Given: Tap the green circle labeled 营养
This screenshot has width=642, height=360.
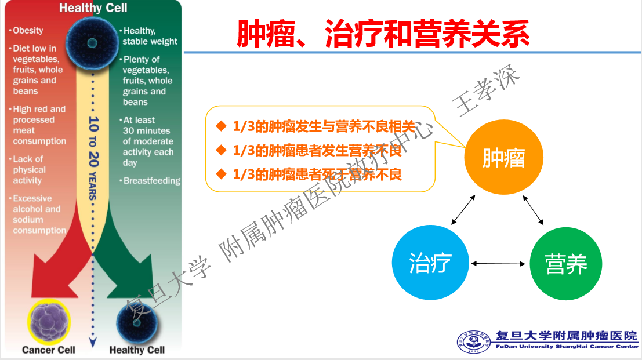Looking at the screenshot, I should pos(567,264).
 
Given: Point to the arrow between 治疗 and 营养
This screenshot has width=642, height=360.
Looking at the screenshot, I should pos(498,264).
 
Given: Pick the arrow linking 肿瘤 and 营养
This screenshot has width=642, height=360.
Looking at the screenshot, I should pos(533,210).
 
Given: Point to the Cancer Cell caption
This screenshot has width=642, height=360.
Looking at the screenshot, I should pos(49,350).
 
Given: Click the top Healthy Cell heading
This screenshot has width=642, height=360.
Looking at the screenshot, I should pos(93,8).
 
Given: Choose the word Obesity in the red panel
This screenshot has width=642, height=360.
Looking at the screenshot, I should pos(28,31).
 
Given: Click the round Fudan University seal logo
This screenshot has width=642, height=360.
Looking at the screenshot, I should pos(472,343).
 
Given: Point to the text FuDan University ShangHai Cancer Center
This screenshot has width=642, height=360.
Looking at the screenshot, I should pos(565,347).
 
